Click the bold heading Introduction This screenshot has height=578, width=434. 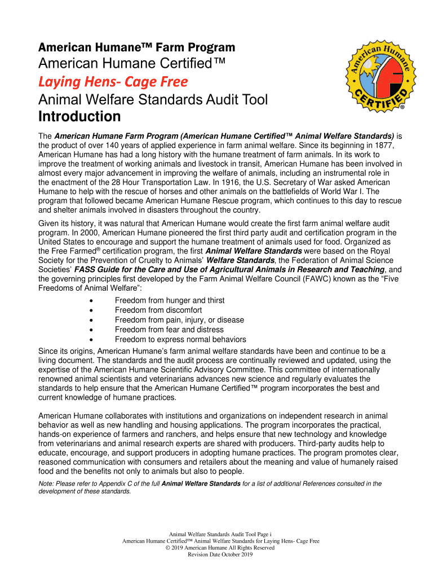(x=79, y=117)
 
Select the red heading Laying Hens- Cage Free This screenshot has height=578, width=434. (x=113, y=82)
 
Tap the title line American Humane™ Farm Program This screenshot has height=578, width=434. (x=136, y=47)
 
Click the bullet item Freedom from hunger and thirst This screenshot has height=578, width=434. (x=169, y=300)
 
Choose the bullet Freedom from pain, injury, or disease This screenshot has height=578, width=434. (x=179, y=319)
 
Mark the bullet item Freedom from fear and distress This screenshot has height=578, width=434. (x=169, y=329)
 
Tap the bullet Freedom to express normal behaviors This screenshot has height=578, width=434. (x=180, y=339)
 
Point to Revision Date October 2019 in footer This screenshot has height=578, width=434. (x=220, y=554)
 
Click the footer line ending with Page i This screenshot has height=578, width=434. (x=220, y=534)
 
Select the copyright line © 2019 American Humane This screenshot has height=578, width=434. (x=220, y=548)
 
